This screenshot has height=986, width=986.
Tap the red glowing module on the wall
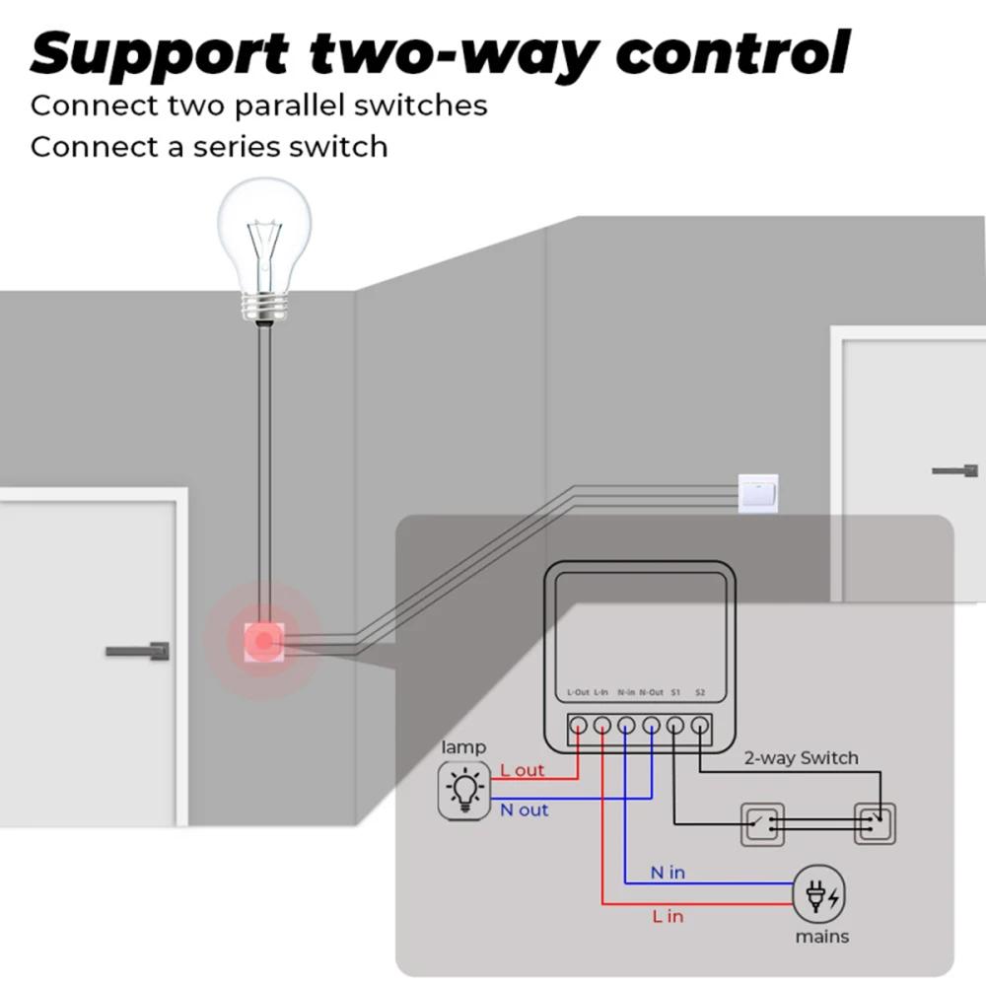[262, 642]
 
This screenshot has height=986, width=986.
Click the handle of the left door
[138, 652]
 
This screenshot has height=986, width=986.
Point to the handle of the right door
[954, 471]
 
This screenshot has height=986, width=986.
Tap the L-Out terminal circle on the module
[579, 727]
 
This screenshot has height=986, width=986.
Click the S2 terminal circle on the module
[699, 727]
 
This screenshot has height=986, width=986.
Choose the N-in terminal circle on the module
[626, 727]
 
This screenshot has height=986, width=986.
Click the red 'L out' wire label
[522, 770]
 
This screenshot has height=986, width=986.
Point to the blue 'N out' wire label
[524, 810]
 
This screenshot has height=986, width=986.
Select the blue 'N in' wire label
[668, 873]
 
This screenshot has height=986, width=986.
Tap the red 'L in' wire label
[668, 916]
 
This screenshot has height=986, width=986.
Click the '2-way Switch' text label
[800, 758]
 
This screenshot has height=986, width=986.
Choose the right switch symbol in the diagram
[875, 823]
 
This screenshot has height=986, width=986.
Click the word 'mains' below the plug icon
[821, 936]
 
